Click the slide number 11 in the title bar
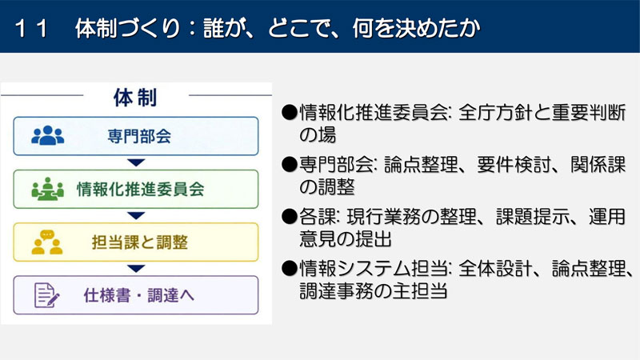(x=31, y=29)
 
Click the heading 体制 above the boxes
(x=135, y=98)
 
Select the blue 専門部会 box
(x=136, y=136)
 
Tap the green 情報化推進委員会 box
(x=136, y=190)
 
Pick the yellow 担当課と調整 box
(x=136, y=242)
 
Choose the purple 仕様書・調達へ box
(x=136, y=295)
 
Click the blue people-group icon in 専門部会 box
(x=48, y=135)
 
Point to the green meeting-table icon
(x=48, y=189)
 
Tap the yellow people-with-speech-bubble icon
(x=47, y=242)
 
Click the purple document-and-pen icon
(x=47, y=295)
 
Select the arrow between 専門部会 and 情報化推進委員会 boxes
(x=136, y=163)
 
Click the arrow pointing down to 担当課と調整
(x=136, y=216)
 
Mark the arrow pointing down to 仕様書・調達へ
(x=136, y=269)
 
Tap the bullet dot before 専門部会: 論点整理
(x=290, y=165)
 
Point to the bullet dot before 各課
(x=290, y=217)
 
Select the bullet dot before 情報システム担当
(x=290, y=269)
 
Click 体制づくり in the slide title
(x=128, y=29)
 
